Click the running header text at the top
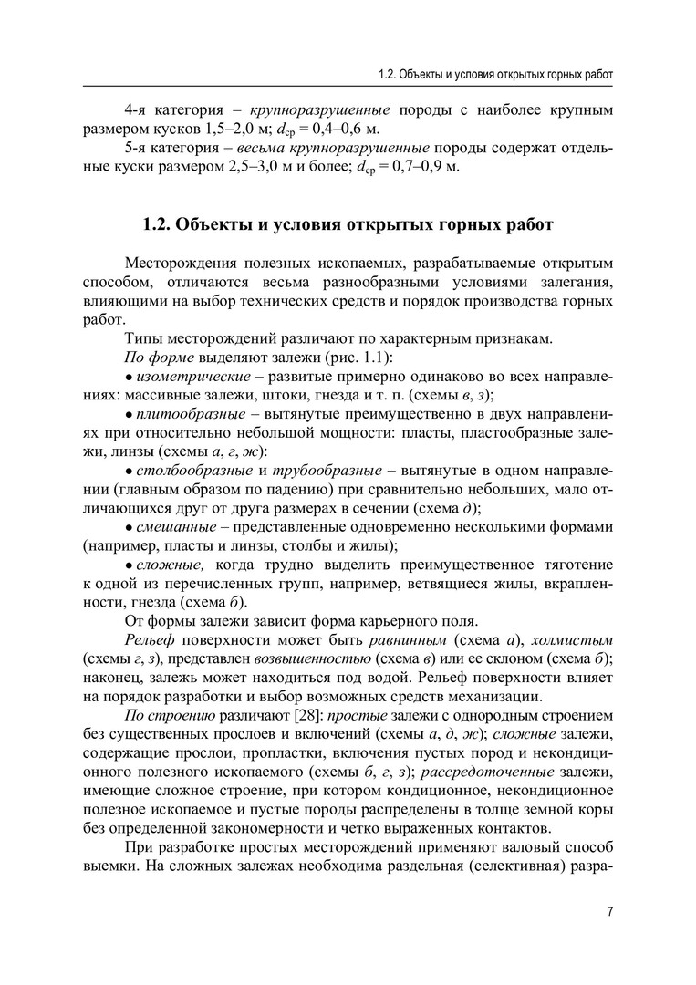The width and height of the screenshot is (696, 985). (495, 73)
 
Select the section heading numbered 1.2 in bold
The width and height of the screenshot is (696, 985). (348, 224)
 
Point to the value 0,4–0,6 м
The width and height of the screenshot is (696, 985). (351, 130)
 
